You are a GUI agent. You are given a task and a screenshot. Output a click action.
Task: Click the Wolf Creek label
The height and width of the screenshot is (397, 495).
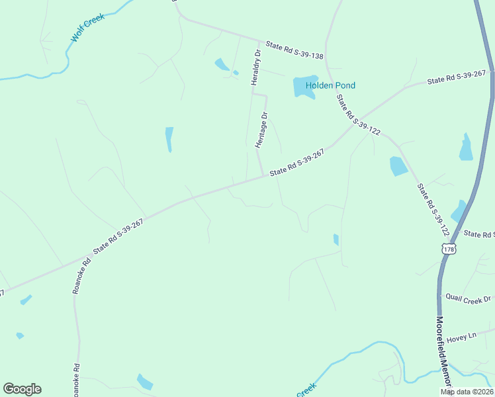(89, 26)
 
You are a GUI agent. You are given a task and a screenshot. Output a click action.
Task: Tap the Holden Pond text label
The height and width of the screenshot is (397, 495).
(330, 85)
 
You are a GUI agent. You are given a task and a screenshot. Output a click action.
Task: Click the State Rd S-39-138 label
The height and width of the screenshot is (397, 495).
(294, 51)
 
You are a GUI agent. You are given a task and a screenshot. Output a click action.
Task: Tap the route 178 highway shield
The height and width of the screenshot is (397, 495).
(449, 249)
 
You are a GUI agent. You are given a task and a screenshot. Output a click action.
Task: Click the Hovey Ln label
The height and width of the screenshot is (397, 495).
(461, 337)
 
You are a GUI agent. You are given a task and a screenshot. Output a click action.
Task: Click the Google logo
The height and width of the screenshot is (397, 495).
(22, 389)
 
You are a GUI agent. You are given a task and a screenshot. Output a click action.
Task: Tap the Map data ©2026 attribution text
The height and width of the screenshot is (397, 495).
(467, 392)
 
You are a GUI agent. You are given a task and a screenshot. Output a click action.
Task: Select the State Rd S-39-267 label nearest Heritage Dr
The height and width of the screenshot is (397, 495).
(296, 162)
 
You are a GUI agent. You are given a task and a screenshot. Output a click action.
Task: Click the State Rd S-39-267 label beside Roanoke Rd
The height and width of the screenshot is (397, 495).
(118, 237)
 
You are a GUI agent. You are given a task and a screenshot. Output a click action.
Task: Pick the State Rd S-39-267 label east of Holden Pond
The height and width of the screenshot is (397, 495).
(457, 77)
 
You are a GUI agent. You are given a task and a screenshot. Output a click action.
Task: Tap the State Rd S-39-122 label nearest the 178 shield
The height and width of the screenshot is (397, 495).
(433, 211)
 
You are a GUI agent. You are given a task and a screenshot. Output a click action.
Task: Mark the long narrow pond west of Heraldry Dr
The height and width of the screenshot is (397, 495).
(169, 139)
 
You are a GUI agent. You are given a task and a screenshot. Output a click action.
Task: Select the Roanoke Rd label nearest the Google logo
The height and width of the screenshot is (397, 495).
(76, 379)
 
